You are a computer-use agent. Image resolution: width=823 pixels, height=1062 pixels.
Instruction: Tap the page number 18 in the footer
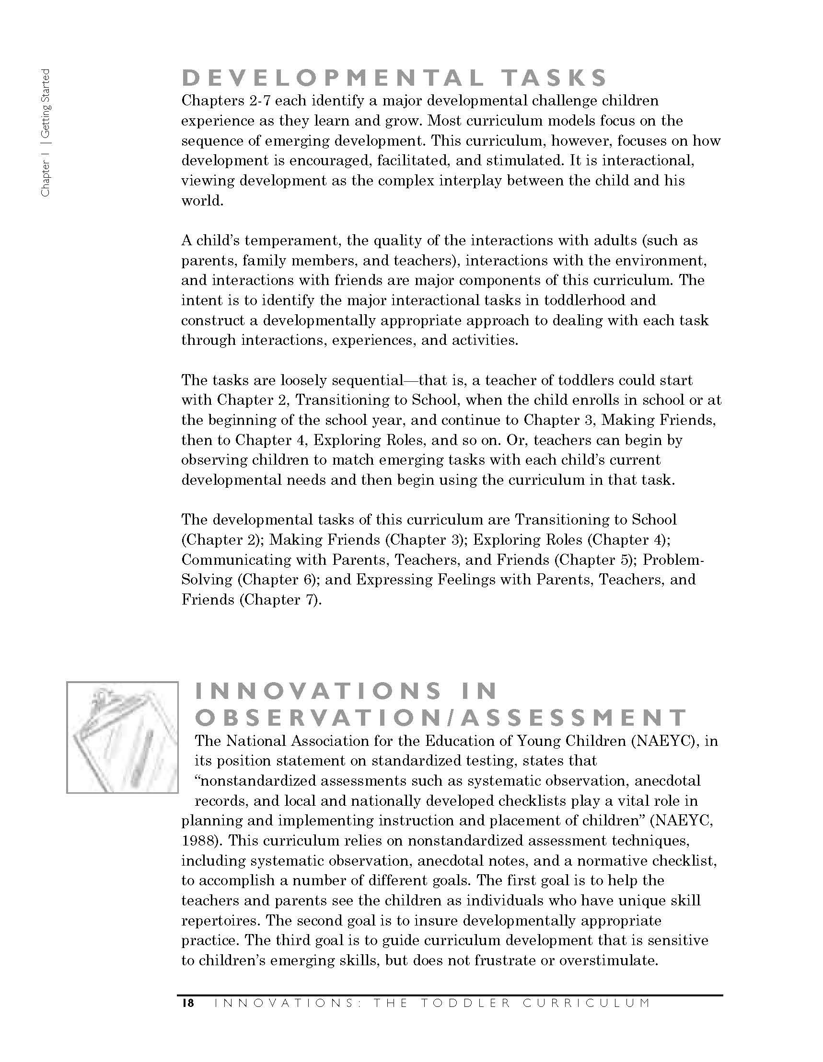[x=187, y=1003]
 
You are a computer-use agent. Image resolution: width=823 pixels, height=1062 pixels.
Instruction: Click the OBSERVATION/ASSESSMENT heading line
[x=441, y=718]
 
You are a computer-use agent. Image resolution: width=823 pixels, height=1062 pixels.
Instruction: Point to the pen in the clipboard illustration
[x=141, y=759]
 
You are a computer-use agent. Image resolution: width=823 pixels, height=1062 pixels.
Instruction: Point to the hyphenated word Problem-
[x=673, y=560]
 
